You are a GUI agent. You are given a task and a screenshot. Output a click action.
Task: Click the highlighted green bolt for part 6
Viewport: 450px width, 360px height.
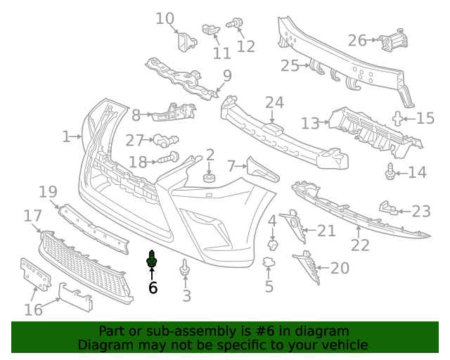tap(151, 260)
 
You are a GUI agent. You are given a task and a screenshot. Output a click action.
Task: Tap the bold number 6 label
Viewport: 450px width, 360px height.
tap(153, 287)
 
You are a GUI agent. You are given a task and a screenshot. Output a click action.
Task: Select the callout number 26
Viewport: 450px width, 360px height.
tap(357, 40)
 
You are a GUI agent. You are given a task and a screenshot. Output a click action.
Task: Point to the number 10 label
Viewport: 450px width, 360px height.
tap(165, 18)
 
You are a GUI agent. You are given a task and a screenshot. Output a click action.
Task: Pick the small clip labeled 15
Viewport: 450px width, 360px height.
tap(399, 118)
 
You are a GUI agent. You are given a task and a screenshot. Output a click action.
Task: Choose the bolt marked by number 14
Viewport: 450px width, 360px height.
tap(388, 170)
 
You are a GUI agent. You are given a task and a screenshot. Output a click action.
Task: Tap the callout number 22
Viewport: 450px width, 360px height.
tap(360, 245)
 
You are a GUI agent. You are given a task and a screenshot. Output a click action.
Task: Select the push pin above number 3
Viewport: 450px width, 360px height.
tap(185, 268)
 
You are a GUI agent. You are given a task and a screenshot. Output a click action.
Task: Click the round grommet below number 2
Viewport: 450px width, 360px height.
tap(210, 179)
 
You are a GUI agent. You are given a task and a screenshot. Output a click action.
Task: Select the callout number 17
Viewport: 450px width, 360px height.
tap(33, 216)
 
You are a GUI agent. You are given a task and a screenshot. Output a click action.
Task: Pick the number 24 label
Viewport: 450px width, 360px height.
tap(274, 103)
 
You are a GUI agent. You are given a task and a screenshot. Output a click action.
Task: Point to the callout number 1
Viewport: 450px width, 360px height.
tap(66, 136)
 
